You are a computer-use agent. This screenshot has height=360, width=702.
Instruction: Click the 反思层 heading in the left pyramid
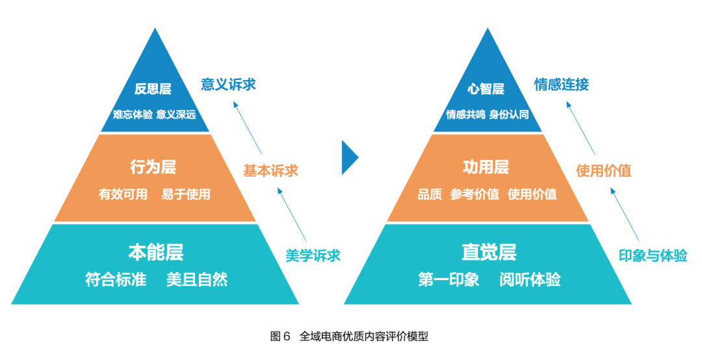pos(153,89)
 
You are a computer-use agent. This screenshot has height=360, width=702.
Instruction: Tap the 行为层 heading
pos(153,167)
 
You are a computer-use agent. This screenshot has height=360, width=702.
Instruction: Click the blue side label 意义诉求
pos(228,84)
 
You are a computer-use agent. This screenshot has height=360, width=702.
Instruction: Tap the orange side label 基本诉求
pos(270,171)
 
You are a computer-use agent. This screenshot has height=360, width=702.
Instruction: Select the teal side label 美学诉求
pos(313,255)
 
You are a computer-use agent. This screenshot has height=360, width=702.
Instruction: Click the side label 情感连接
pos(562,84)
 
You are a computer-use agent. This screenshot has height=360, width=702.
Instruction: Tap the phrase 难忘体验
pos(133,114)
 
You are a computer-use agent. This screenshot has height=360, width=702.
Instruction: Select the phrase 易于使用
pos(186,194)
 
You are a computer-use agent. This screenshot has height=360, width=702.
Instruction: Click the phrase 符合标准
pos(116,280)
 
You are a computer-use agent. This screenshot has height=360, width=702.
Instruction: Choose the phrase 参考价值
pos(474,194)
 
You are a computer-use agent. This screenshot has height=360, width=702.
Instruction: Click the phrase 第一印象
pos(448,280)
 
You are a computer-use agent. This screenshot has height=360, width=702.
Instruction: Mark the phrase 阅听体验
pos(530,280)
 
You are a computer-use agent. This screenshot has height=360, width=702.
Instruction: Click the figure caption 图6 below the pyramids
pos(280,337)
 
